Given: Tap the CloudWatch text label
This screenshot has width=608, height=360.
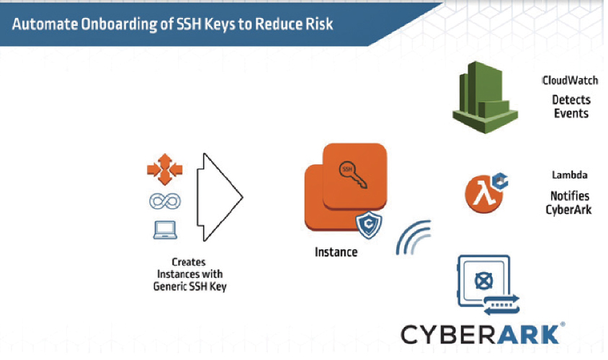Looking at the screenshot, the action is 570,80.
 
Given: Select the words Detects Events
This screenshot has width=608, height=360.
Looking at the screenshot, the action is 571,107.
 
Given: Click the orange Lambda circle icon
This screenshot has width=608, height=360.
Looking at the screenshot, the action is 483,194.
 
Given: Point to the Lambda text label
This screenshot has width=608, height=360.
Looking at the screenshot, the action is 570,175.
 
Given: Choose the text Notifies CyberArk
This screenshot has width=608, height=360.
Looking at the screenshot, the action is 569,202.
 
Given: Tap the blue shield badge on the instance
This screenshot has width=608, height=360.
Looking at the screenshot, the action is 369,225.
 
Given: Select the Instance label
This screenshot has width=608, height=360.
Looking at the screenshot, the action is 336,252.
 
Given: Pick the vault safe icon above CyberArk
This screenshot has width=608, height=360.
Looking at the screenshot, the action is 488,285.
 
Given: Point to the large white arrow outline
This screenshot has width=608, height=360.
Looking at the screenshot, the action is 220,197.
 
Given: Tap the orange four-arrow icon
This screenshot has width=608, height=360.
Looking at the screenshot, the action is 165,169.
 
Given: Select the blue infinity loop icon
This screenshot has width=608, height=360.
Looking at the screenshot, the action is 165,201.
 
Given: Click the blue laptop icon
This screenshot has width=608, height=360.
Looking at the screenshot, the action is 165,230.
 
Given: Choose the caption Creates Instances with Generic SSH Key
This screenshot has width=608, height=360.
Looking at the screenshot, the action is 189,274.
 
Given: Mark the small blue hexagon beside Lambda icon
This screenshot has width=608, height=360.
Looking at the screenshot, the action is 500,181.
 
